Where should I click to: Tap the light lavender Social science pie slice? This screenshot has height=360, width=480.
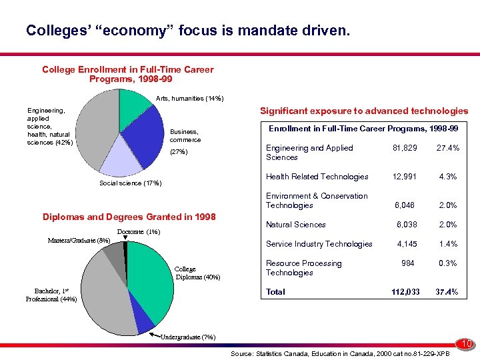[121, 155]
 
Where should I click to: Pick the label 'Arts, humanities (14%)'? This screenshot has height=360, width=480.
[189, 99]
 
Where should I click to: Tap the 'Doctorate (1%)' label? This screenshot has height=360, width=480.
[138, 231]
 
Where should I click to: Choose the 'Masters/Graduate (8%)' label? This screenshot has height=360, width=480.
[79, 240]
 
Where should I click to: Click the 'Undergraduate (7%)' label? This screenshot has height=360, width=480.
[188, 337]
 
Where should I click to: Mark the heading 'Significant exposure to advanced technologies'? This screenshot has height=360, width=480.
[364, 111]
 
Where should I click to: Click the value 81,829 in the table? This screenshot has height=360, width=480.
[406, 148]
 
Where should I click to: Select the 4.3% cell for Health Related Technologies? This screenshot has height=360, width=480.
[447, 177]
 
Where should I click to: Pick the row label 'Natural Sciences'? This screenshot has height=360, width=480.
[295, 225]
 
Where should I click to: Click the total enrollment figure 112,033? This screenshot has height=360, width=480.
[406, 291]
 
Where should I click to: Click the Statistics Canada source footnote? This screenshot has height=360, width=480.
[339, 351]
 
